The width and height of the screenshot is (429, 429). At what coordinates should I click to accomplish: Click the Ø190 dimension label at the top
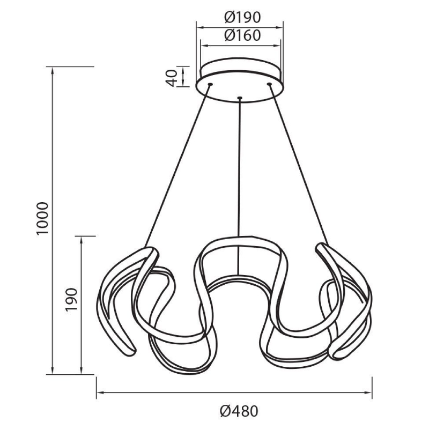tap(242, 18)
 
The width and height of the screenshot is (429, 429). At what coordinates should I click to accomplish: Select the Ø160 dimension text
tap(242, 35)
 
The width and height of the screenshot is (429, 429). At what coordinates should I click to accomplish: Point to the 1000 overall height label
tap(42, 218)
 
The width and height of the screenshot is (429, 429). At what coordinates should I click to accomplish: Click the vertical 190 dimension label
tap(71, 299)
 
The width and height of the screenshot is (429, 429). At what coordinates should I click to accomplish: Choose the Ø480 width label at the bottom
tap(239, 411)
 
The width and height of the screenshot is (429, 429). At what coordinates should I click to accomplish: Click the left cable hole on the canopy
tap(210, 84)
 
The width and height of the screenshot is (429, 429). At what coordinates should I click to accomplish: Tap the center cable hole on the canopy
tap(240, 98)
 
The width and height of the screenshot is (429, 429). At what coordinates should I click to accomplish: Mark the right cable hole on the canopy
tap(269, 84)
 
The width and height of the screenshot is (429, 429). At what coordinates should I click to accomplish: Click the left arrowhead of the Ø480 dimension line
tap(100, 393)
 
